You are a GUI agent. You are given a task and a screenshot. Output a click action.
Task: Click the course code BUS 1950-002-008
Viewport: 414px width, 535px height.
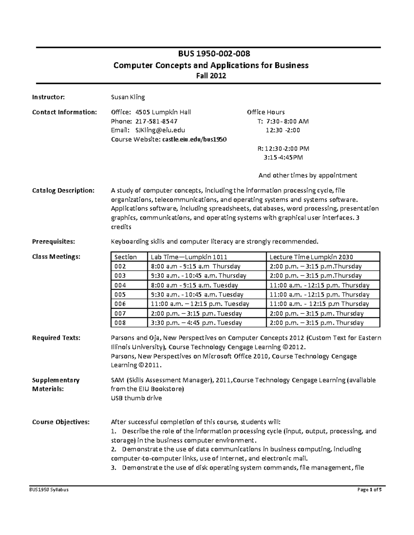[209, 54]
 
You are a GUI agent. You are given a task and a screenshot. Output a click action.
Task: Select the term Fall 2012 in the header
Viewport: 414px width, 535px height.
[209, 76]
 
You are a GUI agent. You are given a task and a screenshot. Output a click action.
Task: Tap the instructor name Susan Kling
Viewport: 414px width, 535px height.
[128, 97]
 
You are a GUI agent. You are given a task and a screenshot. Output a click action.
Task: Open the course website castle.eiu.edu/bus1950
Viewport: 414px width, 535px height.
[194, 139]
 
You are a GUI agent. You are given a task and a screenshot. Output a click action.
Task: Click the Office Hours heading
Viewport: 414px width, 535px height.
[266, 112]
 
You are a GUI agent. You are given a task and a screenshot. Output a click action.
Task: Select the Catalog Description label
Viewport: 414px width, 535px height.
[63, 191]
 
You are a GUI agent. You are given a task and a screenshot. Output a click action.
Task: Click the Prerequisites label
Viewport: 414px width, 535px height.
[53, 241]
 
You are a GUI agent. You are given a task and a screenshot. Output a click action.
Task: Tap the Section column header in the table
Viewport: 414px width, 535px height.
[126, 257]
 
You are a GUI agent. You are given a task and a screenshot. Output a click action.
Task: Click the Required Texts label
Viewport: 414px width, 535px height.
[56, 338]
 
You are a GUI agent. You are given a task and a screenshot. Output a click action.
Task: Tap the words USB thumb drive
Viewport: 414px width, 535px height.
[136, 398]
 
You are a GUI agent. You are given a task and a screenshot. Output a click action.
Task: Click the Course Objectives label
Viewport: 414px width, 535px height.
[61, 422]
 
